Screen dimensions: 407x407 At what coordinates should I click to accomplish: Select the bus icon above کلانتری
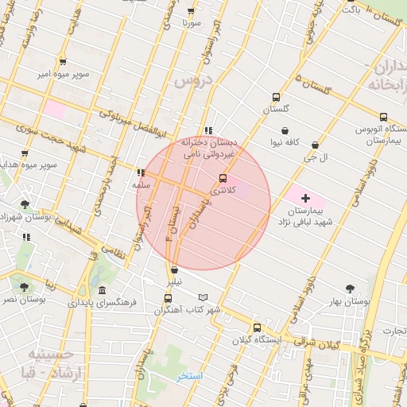tap(223, 178)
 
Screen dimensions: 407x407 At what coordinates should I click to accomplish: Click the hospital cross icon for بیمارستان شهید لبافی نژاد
tap(306, 196)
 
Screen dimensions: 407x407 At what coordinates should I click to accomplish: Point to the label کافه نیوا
tap(285, 142)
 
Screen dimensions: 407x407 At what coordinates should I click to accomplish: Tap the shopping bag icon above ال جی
tap(316, 145)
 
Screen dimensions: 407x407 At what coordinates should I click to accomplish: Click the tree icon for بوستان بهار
tap(351, 289)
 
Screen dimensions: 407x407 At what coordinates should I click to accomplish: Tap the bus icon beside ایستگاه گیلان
tap(257, 328)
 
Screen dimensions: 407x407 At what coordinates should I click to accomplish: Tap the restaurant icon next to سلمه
tap(141, 172)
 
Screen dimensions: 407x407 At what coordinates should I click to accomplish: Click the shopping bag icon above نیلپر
tap(174, 269)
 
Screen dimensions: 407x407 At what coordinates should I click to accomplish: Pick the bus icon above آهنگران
tap(167, 298)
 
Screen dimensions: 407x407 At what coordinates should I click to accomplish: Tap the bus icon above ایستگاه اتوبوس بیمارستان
tap(384, 116)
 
